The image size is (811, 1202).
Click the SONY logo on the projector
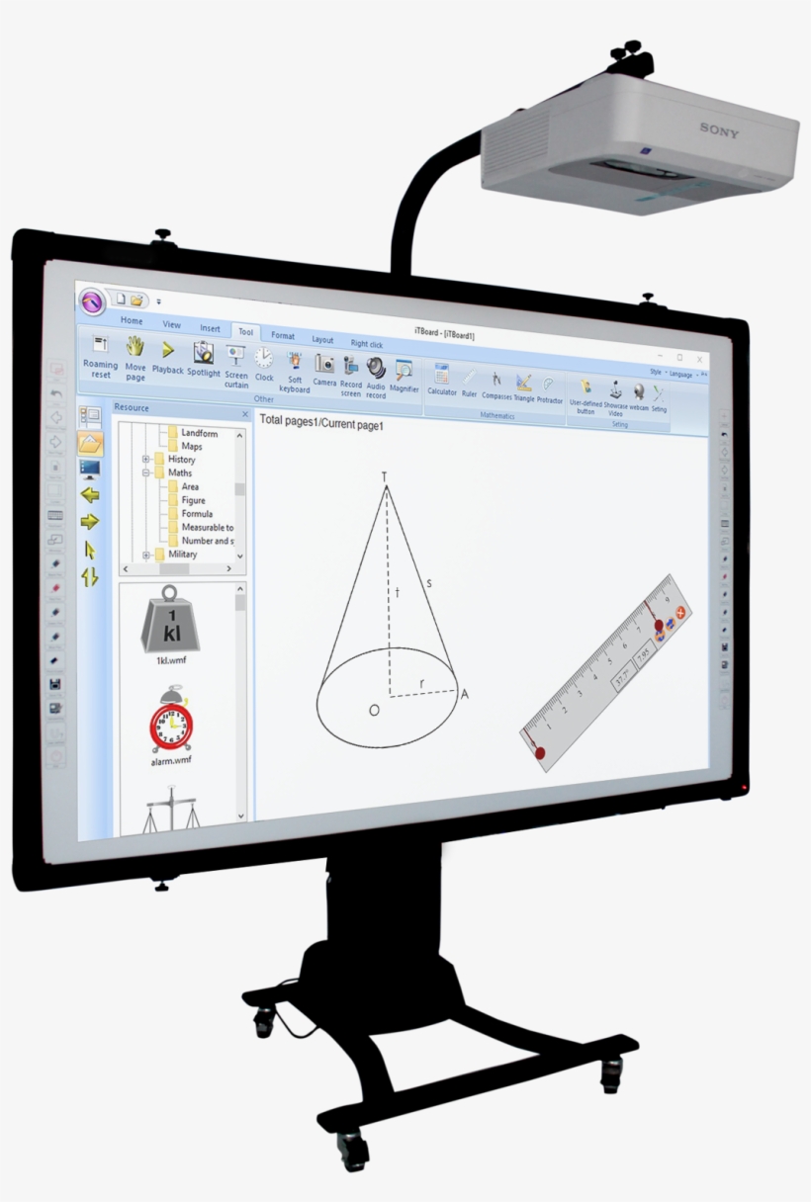click(719, 129)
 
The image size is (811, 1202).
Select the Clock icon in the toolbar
click(264, 358)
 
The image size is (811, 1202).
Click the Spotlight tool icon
click(204, 353)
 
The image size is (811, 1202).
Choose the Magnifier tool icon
click(404, 370)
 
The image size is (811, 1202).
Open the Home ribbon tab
click(132, 321)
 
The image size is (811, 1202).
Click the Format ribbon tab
click(283, 336)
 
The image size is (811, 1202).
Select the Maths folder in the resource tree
click(180, 472)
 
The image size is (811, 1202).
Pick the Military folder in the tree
click(182, 555)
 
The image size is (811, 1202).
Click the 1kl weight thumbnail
click(171, 622)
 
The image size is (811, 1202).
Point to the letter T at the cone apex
click(385, 477)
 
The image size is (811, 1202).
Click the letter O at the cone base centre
click(374, 710)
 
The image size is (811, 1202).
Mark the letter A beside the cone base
click(464, 694)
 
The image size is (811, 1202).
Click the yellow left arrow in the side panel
click(90, 495)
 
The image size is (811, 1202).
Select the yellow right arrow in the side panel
click(90, 521)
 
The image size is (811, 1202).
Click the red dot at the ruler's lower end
click(540, 753)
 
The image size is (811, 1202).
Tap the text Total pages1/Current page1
click(320, 423)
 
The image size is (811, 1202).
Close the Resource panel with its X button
click(245, 414)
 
